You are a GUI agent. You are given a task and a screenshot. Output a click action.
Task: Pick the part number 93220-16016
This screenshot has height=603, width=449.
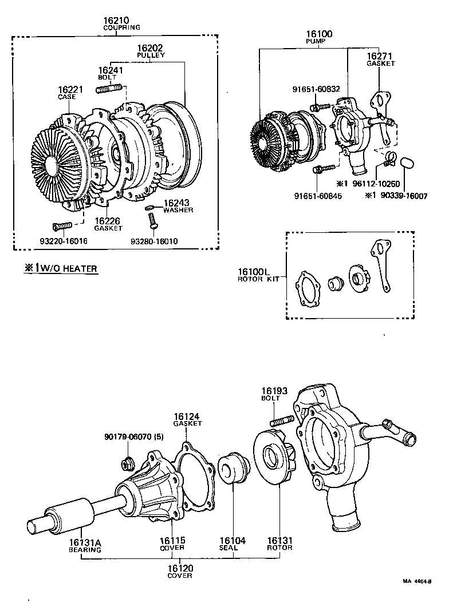64,241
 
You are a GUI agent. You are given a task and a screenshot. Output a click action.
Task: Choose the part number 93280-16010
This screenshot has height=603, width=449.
154,241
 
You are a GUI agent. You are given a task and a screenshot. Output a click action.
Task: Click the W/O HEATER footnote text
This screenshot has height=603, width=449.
60,268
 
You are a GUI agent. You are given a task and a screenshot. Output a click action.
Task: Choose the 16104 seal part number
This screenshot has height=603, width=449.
233,540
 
